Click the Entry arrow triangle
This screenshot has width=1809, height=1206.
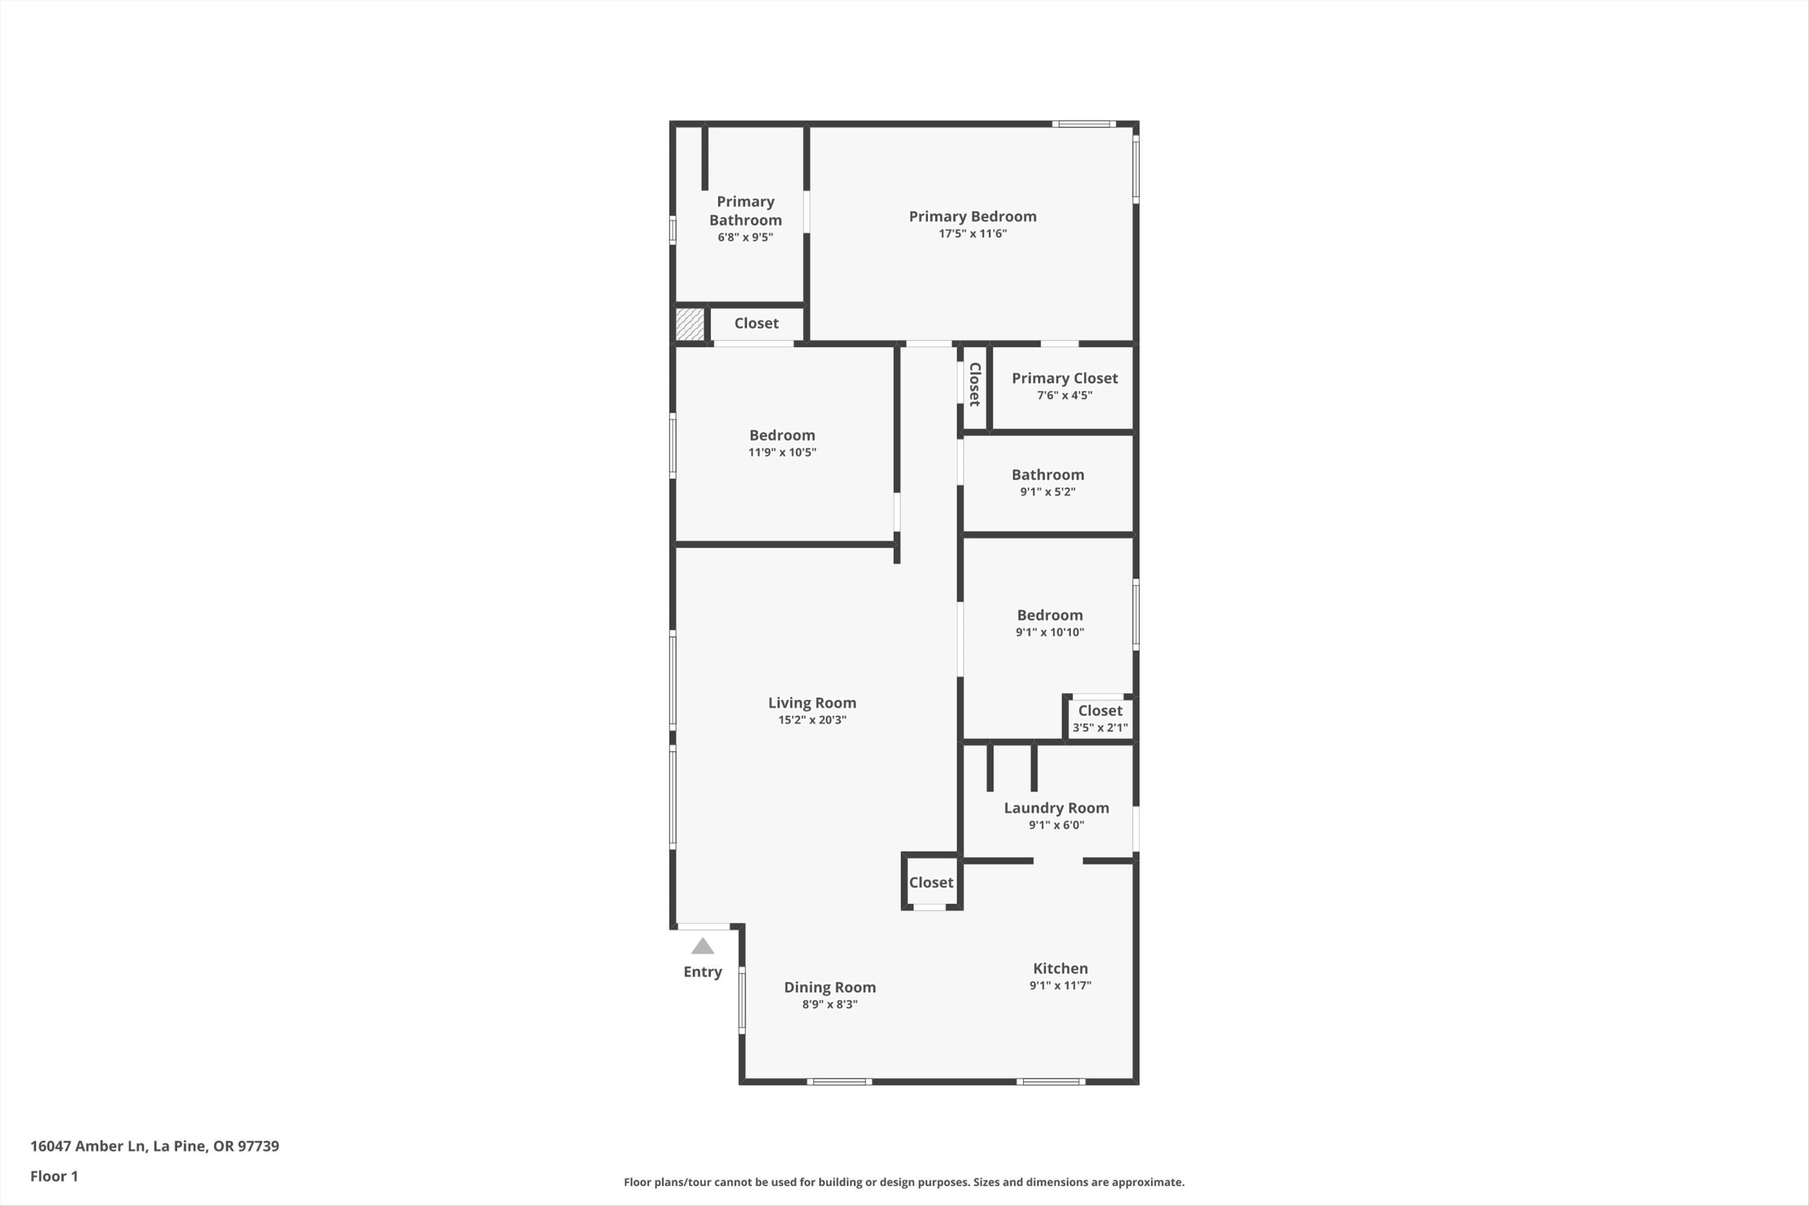(702, 946)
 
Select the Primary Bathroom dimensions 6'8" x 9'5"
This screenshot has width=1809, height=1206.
(745, 238)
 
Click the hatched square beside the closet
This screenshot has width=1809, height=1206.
(689, 324)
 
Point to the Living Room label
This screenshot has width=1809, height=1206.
(812, 703)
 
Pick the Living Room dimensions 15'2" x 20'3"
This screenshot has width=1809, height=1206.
(812, 720)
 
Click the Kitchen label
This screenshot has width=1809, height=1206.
(1060, 968)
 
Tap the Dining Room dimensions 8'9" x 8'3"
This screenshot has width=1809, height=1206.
(829, 1005)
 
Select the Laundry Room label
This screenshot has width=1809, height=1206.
(1056, 807)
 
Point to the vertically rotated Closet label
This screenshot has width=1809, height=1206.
(974, 385)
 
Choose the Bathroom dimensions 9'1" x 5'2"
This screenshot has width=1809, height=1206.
(1047, 492)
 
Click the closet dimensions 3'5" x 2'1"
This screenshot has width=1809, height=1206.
(1100, 728)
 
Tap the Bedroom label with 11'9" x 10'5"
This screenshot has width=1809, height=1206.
(781, 435)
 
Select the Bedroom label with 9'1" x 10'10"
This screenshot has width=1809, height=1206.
(1049, 615)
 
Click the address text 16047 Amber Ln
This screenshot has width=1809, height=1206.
(87, 1146)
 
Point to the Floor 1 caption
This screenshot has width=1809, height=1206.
(54, 1176)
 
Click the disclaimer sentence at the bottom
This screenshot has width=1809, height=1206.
(904, 1182)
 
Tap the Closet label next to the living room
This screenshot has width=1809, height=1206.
(930, 883)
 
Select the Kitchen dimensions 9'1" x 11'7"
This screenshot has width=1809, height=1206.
(1060, 986)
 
